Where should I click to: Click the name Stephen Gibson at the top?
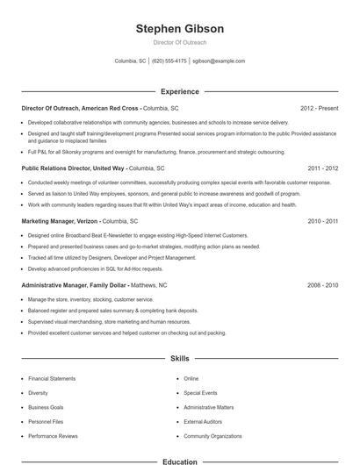[x=180, y=29]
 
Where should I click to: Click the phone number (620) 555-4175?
[x=169, y=61]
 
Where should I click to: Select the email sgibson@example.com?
[x=219, y=61]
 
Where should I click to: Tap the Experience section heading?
[x=180, y=91]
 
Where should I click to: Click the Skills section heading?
[x=180, y=359]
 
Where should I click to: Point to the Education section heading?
[x=180, y=461]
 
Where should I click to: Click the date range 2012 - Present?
[x=319, y=108]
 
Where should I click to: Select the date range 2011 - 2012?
[x=323, y=167]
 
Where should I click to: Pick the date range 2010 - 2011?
[x=323, y=222]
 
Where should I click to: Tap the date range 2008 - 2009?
[x=323, y=285]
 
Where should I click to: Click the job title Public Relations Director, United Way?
[x=74, y=167]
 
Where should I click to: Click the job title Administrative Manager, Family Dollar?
[x=75, y=285]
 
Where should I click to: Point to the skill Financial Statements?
[x=52, y=378]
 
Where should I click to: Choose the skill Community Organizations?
[x=212, y=435]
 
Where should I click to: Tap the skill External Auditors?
[x=203, y=421]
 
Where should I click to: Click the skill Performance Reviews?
[x=52, y=435]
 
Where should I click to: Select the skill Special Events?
[x=200, y=392]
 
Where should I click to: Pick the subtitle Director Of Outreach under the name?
[x=180, y=42]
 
